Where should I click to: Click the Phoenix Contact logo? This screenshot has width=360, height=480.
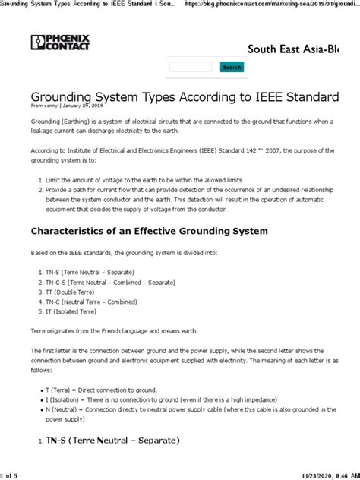coord(61,43)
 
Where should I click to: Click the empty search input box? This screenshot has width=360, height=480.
coord(190,67)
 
